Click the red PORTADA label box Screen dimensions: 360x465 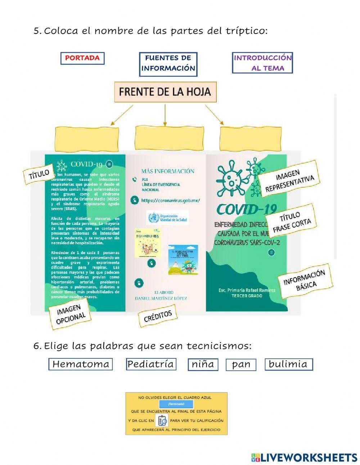[x=82, y=58]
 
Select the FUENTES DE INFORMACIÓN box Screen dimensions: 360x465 [x=168, y=63]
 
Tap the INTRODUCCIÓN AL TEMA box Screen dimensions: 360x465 [x=262, y=63]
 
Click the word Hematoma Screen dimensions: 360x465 [x=81, y=364]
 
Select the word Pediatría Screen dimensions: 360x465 [x=150, y=364]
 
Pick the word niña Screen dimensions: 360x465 [x=203, y=365]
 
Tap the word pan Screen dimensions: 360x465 [x=241, y=365]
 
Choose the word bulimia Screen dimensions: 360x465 [x=288, y=364]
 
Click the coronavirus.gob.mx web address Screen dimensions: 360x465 [x=170, y=201]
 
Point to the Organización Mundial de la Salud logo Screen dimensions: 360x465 [x=167, y=218]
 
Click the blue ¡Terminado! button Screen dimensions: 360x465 [x=176, y=404]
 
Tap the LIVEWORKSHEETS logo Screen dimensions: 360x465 [x=304, y=457]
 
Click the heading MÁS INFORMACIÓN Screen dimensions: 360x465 [x=167, y=171]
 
